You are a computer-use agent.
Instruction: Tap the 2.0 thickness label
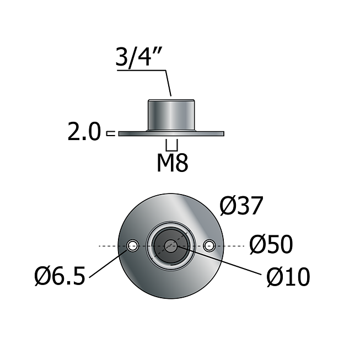(x=84, y=132)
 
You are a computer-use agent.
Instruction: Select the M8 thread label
(x=173, y=163)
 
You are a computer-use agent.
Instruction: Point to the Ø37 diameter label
(x=241, y=206)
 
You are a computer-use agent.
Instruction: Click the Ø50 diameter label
(x=271, y=245)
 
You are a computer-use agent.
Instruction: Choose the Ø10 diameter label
(x=288, y=277)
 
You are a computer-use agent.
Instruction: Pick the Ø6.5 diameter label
(x=60, y=276)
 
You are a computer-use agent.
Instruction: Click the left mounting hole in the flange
(x=133, y=246)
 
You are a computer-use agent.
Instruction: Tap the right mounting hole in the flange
(x=209, y=246)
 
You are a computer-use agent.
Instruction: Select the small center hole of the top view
(x=171, y=246)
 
